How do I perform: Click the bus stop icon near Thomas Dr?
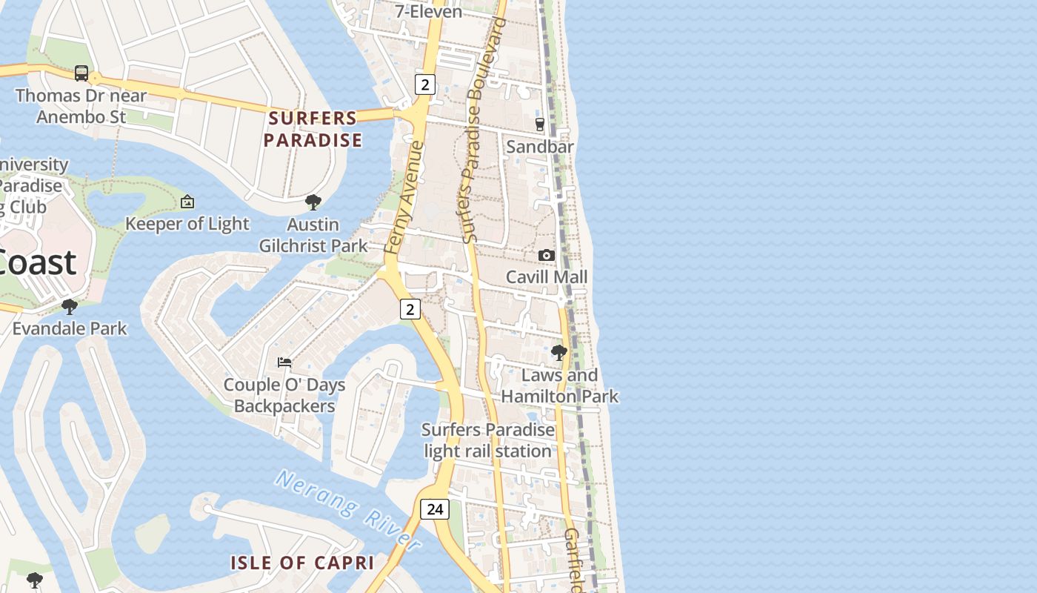point(81,73)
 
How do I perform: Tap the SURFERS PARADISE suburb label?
point(313,129)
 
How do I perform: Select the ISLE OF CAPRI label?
point(302,563)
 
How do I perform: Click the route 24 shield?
point(435,508)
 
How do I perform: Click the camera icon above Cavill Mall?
point(547,255)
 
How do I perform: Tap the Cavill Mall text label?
point(547,277)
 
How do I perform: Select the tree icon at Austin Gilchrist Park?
point(313,202)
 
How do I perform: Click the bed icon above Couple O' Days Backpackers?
point(284,362)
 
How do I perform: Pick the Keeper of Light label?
point(187,224)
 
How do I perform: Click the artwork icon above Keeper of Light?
point(187,202)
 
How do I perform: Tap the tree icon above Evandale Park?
point(70,306)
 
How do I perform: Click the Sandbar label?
point(540,147)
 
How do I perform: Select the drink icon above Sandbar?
point(540,124)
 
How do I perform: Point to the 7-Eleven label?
point(429,11)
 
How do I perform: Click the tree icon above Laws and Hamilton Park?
point(559,352)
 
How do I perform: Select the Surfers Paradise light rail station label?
point(488,440)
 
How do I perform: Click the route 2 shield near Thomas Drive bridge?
point(424,85)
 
